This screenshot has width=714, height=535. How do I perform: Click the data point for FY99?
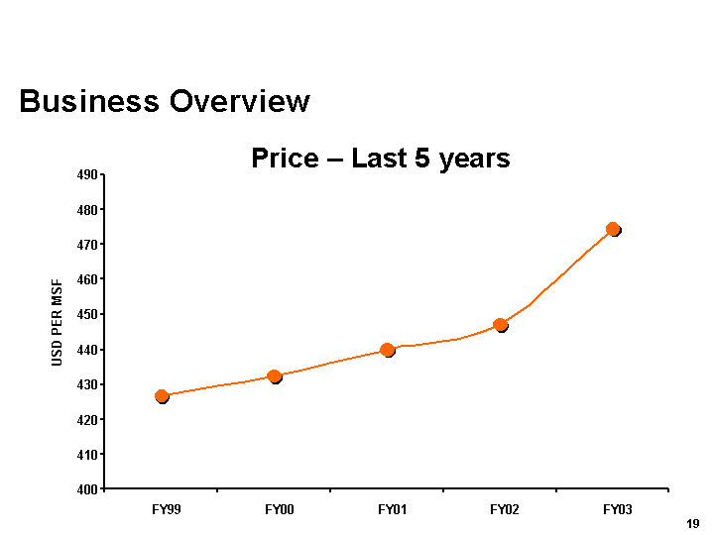tap(162, 396)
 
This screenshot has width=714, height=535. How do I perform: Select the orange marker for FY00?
tap(275, 376)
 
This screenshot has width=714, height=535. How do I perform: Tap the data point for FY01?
tap(387, 350)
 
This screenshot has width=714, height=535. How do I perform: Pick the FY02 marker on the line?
tap(501, 324)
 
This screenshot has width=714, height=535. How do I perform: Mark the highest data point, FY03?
tap(613, 229)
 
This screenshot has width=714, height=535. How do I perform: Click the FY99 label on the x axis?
tap(166, 509)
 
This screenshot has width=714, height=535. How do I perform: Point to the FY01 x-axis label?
tap(392, 509)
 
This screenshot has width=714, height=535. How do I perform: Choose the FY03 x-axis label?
tap(617, 509)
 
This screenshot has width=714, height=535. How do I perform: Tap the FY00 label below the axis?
tap(279, 509)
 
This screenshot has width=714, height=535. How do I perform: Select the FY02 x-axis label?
tap(504, 509)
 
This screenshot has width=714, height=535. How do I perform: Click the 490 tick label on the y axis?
tap(87, 175)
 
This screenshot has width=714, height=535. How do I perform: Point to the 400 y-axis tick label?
tap(87, 489)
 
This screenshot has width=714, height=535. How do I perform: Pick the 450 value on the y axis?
tap(87, 315)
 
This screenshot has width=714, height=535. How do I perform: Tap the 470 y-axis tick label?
tap(87, 245)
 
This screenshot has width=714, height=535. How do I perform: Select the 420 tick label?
tap(87, 420)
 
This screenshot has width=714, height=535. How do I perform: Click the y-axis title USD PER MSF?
tap(58, 322)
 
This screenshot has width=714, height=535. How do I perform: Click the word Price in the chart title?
tap(285, 159)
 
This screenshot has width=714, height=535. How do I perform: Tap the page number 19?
tap(692, 523)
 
